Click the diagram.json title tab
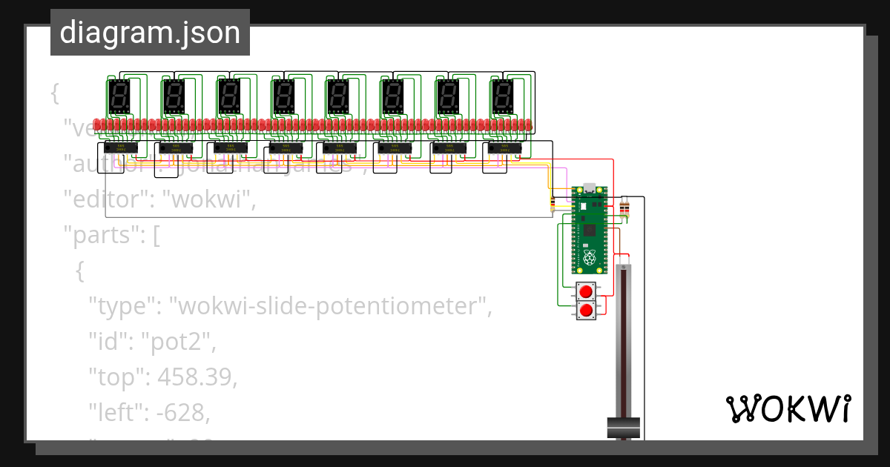click(150, 33)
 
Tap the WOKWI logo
click(788, 408)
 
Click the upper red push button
click(587, 291)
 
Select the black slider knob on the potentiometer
click(624, 427)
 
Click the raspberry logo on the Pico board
click(590, 258)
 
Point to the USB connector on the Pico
click(590, 188)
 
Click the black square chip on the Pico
click(590, 231)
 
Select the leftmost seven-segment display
click(119, 96)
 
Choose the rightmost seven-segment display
click(503, 96)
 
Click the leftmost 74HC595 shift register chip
click(121, 149)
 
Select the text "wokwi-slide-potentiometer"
click(329, 305)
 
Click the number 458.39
click(196, 377)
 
